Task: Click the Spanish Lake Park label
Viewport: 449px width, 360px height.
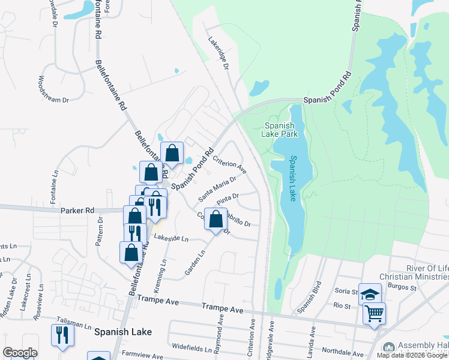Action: (x=280, y=130)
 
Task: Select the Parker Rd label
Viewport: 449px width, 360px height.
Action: (x=77, y=211)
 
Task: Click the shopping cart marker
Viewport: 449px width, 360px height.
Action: (x=374, y=313)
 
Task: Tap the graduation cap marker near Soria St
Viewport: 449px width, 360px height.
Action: (x=370, y=294)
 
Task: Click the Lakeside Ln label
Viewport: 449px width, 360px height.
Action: (x=171, y=238)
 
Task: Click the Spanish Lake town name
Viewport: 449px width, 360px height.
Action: (x=123, y=331)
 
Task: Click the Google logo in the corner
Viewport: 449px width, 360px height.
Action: (x=20, y=353)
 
